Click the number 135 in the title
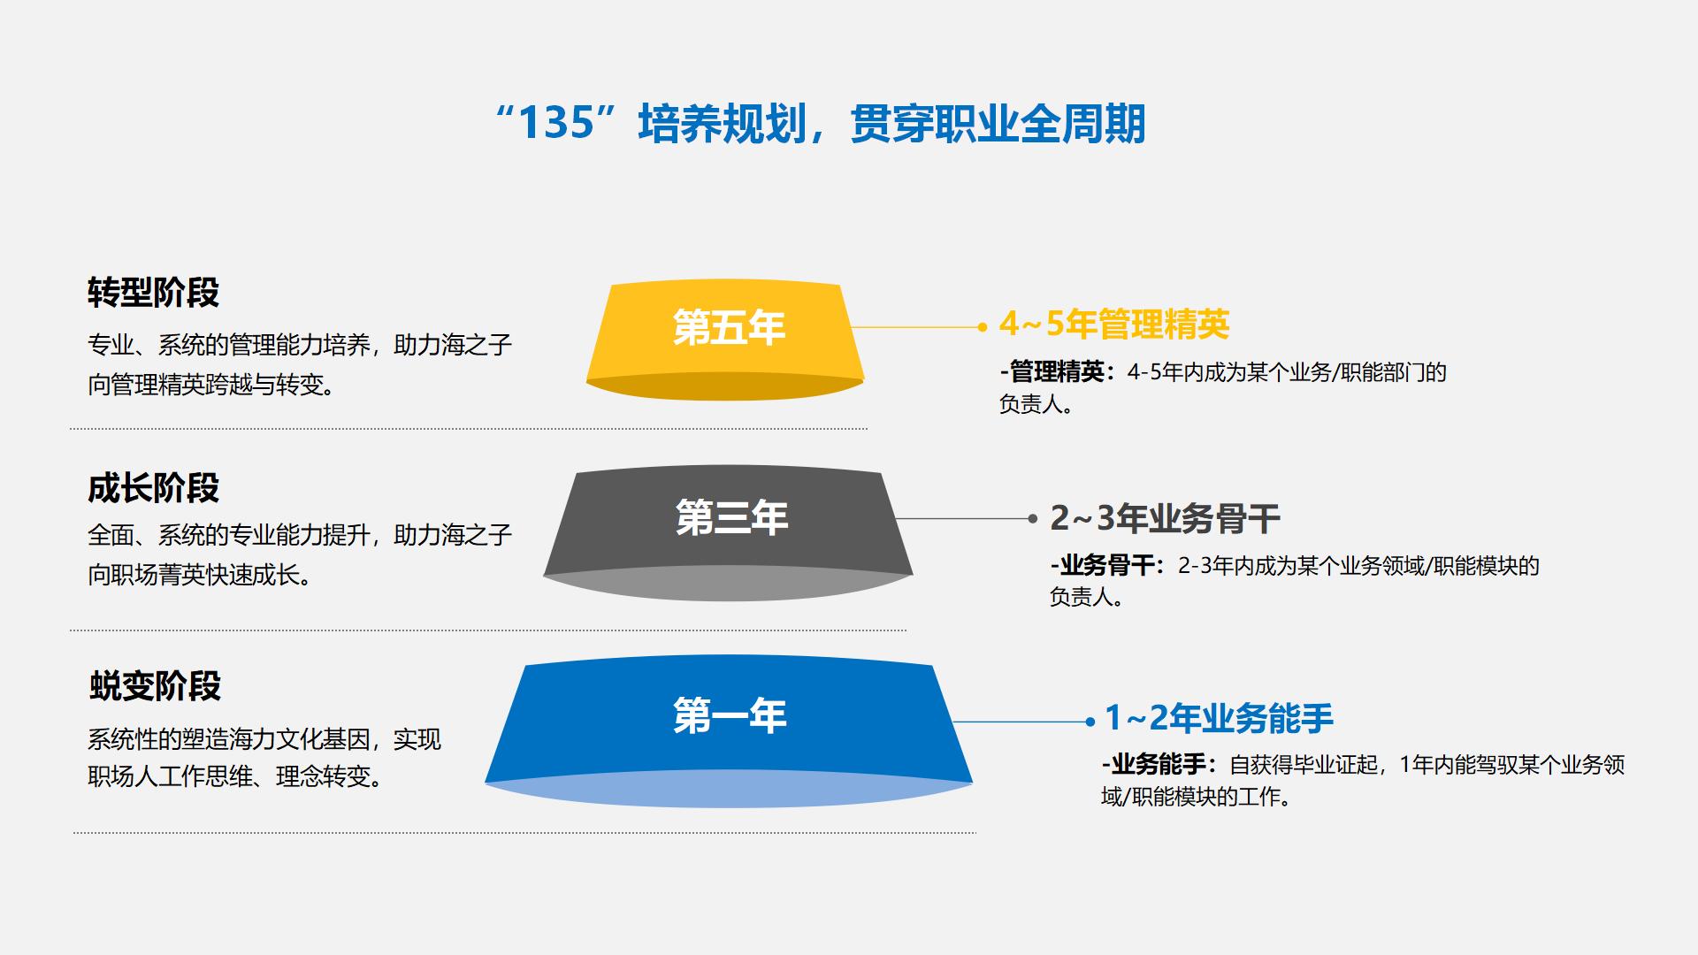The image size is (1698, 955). (x=555, y=123)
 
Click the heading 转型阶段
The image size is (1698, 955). (x=153, y=292)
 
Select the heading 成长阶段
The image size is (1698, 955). (x=153, y=488)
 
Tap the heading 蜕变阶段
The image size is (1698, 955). (x=155, y=686)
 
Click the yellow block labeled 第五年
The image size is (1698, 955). (x=725, y=341)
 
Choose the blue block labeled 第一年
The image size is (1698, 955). (x=729, y=730)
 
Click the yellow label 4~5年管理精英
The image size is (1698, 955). (x=1114, y=325)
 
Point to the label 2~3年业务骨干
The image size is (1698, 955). (x=1165, y=518)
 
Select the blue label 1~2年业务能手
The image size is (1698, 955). (x=1220, y=718)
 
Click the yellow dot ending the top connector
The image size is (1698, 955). (x=982, y=327)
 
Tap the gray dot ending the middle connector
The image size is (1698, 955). (x=1032, y=519)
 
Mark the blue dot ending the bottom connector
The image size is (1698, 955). (x=1090, y=722)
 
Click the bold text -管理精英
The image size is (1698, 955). (x=1052, y=372)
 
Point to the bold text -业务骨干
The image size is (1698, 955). (x=1103, y=566)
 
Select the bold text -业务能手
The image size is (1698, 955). (x=1154, y=765)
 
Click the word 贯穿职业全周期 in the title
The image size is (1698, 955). (x=998, y=124)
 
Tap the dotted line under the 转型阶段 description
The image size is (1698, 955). (x=469, y=429)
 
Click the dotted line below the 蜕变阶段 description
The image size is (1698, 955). (x=524, y=832)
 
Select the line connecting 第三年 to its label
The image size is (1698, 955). (x=962, y=519)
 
